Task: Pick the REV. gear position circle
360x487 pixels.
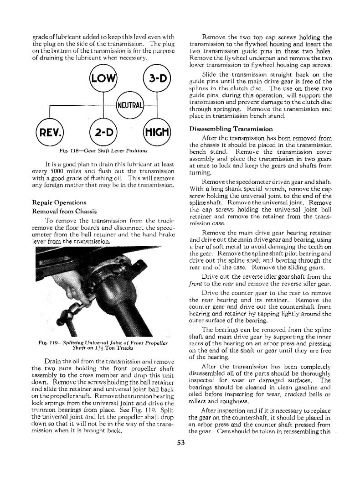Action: point(50,133)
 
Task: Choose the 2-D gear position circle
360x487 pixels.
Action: point(104,133)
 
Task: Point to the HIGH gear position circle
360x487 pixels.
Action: point(157,133)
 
